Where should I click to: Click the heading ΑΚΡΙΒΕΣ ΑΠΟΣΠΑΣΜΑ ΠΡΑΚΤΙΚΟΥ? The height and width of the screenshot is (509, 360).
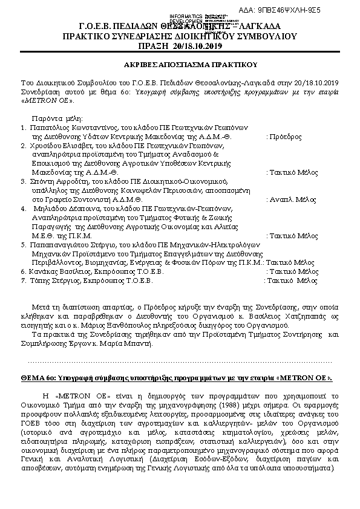180,64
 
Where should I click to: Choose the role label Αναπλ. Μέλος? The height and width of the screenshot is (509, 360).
292,198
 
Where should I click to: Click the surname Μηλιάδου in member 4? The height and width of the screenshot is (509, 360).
48,207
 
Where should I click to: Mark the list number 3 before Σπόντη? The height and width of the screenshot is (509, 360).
23,181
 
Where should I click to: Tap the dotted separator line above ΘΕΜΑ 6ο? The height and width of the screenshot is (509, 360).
180,361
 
